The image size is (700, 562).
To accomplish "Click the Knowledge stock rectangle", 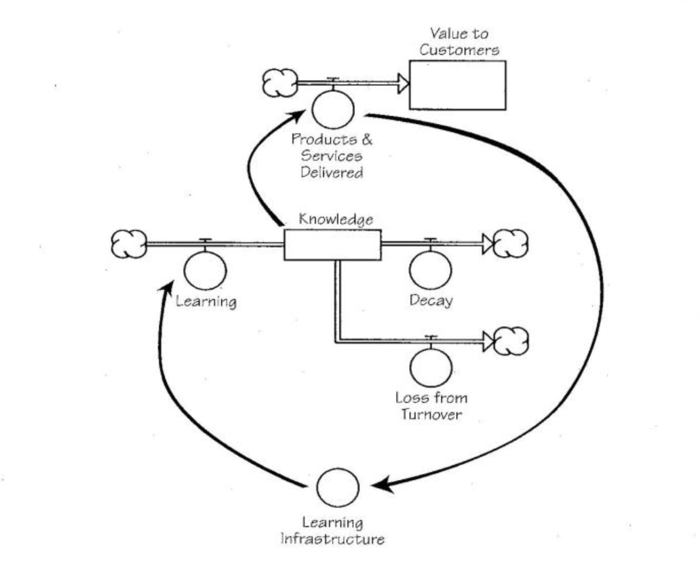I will point(332,244).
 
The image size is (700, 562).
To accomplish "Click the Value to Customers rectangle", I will point(457,85).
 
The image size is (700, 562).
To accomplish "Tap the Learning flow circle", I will point(205,269).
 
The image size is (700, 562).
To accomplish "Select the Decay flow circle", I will point(430,269).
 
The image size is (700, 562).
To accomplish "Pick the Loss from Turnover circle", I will point(430,367).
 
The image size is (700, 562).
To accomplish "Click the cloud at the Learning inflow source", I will point(128,243).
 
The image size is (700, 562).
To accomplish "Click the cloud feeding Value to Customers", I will point(278,83).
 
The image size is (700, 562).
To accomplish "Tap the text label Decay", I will point(430,300).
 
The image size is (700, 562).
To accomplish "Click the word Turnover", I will point(431,414).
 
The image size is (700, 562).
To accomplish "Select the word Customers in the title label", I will point(458,51).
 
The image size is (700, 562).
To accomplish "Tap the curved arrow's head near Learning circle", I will point(163,288).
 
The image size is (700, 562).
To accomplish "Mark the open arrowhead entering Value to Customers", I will point(403,84).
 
